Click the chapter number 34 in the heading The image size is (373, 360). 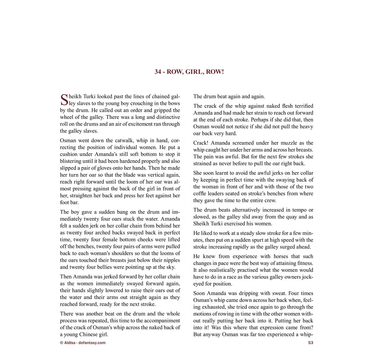point(158,72)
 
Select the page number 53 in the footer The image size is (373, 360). point(311,343)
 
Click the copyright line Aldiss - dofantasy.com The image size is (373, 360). point(83,343)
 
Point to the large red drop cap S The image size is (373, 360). point(64,100)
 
